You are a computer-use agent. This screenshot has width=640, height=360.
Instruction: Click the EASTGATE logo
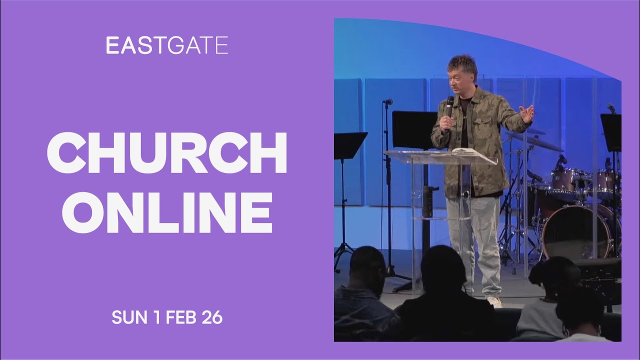167,45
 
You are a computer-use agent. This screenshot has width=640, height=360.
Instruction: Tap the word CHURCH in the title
167,153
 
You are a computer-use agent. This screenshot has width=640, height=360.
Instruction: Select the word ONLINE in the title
167,212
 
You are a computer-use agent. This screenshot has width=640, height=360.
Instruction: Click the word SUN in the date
129,317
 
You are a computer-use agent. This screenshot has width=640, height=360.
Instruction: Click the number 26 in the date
211,317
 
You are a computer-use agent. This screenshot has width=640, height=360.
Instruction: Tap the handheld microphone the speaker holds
449,111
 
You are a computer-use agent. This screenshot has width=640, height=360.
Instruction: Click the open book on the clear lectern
464,152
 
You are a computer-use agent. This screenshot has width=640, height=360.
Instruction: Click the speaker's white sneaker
494,301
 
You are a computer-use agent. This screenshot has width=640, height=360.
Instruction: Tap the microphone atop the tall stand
387,101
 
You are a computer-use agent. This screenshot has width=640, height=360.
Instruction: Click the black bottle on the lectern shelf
427,201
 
